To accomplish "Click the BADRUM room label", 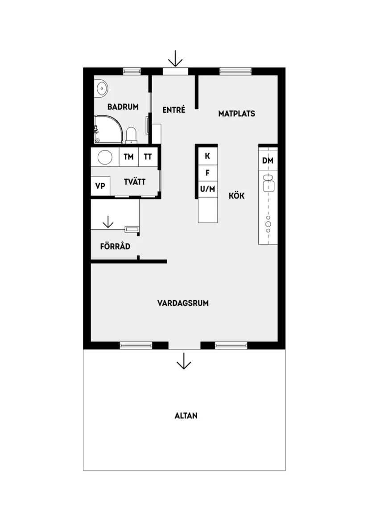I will pos(123,107).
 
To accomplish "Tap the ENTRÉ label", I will pos(174,110).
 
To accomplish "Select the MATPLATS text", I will pos(236,114).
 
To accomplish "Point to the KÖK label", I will pos(236,195).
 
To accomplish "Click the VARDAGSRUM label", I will pos(183,303).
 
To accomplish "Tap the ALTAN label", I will pos(186,416).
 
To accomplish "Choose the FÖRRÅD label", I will pos(115,246).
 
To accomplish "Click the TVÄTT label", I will pos(135,182).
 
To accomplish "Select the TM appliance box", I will pos(128,157).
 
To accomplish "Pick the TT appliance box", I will pos(148,157).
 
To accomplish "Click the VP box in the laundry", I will pos(100,186).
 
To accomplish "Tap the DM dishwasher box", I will pos(268,161).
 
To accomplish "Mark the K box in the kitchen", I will pos(207,156).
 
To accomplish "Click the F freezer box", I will pos(207,173).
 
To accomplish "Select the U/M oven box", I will pos(207,190).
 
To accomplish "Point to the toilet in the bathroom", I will pos(131,135).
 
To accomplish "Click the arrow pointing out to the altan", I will pos(183,361).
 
